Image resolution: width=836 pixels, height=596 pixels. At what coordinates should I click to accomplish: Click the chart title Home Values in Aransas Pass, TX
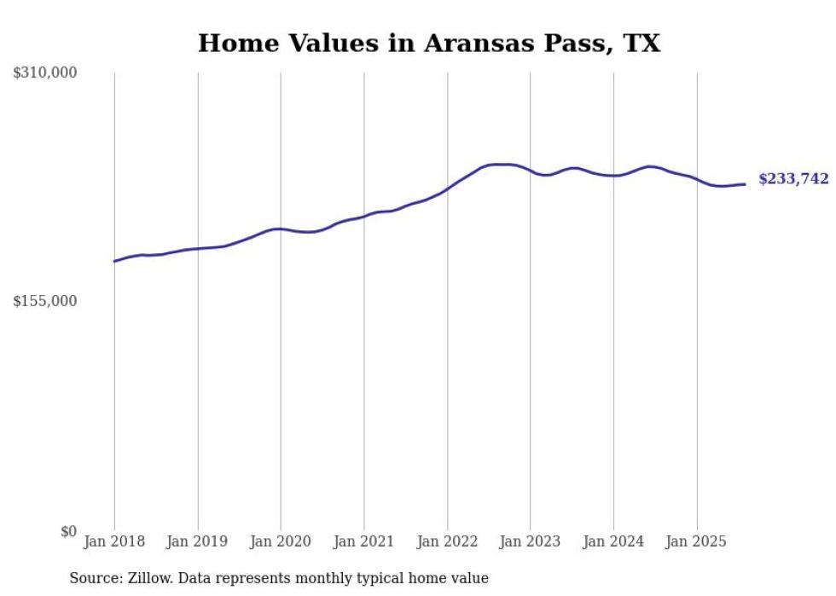428,43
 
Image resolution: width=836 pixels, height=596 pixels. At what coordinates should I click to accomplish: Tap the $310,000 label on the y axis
44,73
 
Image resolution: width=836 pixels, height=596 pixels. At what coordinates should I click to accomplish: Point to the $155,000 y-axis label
44,301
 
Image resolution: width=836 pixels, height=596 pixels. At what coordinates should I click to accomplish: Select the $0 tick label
68,530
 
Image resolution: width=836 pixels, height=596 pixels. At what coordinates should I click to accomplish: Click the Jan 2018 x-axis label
114,541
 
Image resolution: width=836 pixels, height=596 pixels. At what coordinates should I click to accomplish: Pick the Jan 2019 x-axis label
198,541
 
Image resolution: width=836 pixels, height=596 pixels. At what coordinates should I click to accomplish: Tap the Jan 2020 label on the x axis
281,541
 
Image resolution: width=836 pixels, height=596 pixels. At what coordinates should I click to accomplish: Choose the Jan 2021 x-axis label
364,541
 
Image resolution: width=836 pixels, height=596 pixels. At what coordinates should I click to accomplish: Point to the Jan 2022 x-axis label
447,541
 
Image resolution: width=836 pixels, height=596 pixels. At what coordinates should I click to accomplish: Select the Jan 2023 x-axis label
531,541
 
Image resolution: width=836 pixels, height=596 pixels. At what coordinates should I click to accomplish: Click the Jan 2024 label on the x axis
613,541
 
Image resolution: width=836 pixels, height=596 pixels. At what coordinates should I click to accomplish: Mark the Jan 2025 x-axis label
697,541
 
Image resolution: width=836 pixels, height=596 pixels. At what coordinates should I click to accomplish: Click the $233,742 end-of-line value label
793,179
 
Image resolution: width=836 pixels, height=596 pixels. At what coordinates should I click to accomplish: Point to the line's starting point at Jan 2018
114,261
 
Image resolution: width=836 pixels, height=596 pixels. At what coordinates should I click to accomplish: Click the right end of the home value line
745,184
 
